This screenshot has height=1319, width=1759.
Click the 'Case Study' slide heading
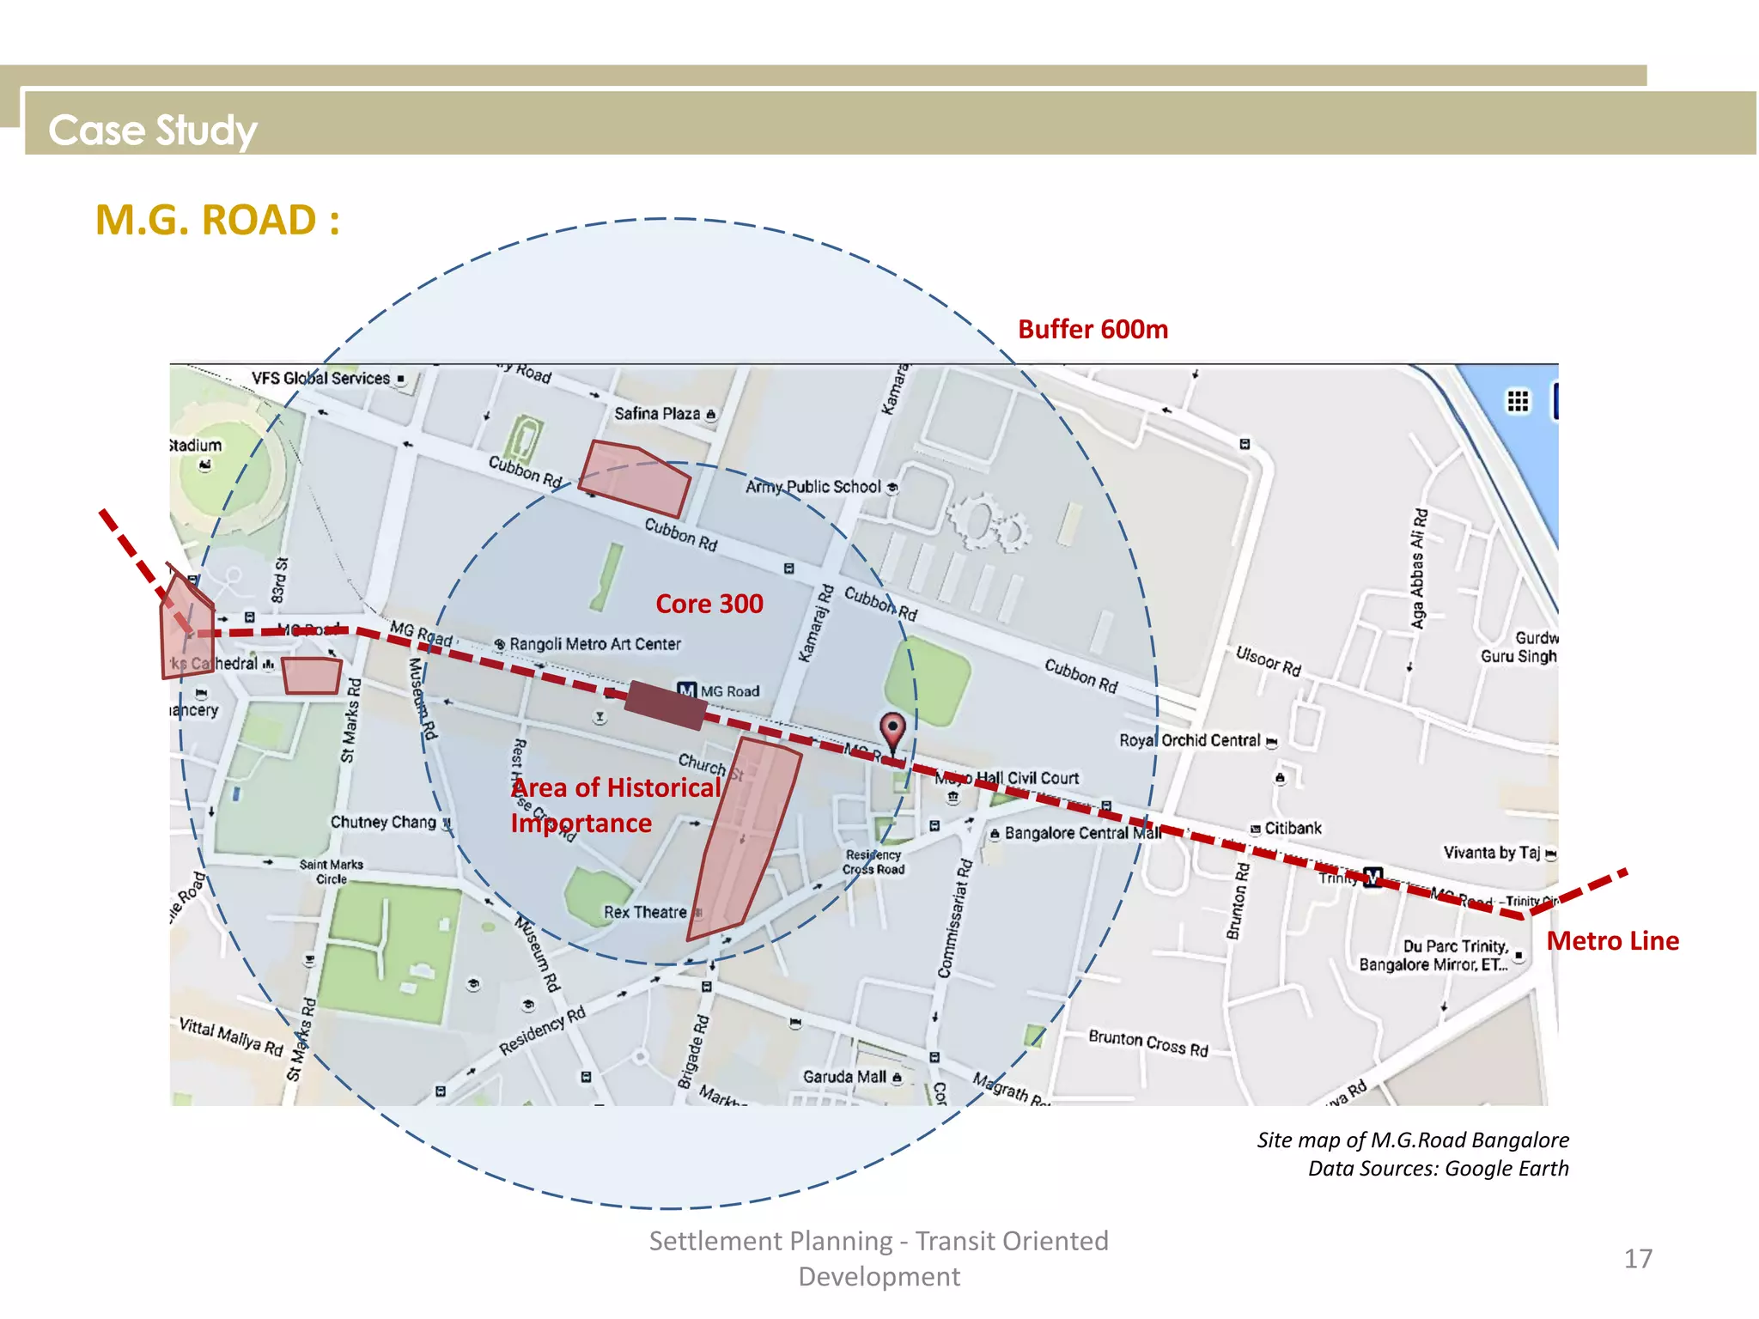152,131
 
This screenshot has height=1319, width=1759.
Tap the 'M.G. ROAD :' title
217,220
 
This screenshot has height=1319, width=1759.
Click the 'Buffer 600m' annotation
1093,330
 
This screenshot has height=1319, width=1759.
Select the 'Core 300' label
709,604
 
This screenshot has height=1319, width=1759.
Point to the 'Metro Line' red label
1612,941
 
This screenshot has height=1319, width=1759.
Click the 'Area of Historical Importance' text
615,805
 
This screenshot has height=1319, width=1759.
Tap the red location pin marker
893,731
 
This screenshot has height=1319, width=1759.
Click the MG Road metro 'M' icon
686,690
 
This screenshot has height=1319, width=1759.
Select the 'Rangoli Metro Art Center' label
594,644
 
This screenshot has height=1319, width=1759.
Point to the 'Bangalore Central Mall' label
1081,833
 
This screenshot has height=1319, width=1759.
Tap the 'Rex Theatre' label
645,912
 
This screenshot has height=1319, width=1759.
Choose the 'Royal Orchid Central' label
1190,740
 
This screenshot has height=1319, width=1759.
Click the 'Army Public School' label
813,487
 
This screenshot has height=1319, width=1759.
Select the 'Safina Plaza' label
657,414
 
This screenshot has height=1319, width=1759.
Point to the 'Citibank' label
1292,828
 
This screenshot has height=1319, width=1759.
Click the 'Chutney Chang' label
383,822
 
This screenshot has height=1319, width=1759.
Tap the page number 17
1637,1259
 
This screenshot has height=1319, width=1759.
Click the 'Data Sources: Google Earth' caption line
1438,1169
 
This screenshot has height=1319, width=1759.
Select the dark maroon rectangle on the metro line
666,704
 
